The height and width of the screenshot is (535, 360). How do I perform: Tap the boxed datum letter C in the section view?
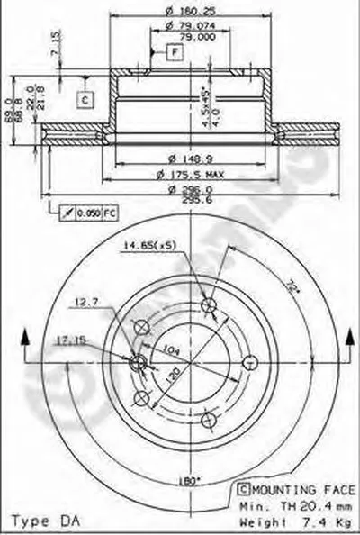[84, 99]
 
